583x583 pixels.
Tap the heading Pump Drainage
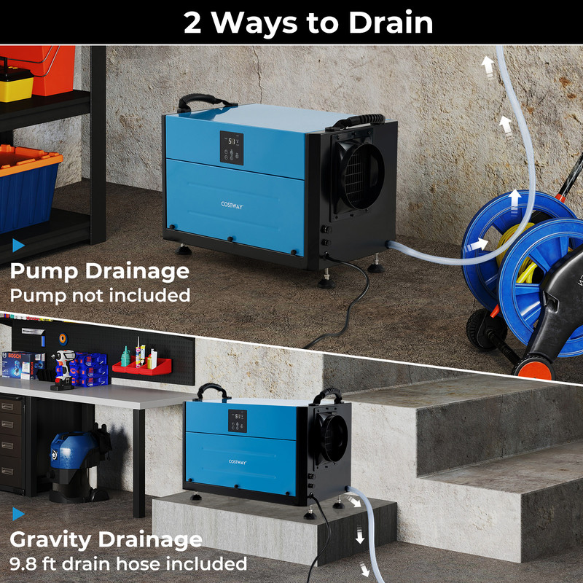pyautogui.click(x=99, y=271)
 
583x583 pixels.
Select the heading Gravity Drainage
pyautogui.click(x=106, y=539)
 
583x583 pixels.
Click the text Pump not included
pyautogui.click(x=100, y=295)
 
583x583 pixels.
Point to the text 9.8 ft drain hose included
pyautogui.click(x=128, y=563)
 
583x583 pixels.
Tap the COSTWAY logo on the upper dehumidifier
pyautogui.click(x=232, y=206)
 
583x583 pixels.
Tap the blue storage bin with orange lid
pyautogui.click(x=28, y=186)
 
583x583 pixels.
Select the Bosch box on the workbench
pyautogui.click(x=18, y=364)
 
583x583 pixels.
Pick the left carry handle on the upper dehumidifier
pyautogui.click(x=193, y=101)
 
